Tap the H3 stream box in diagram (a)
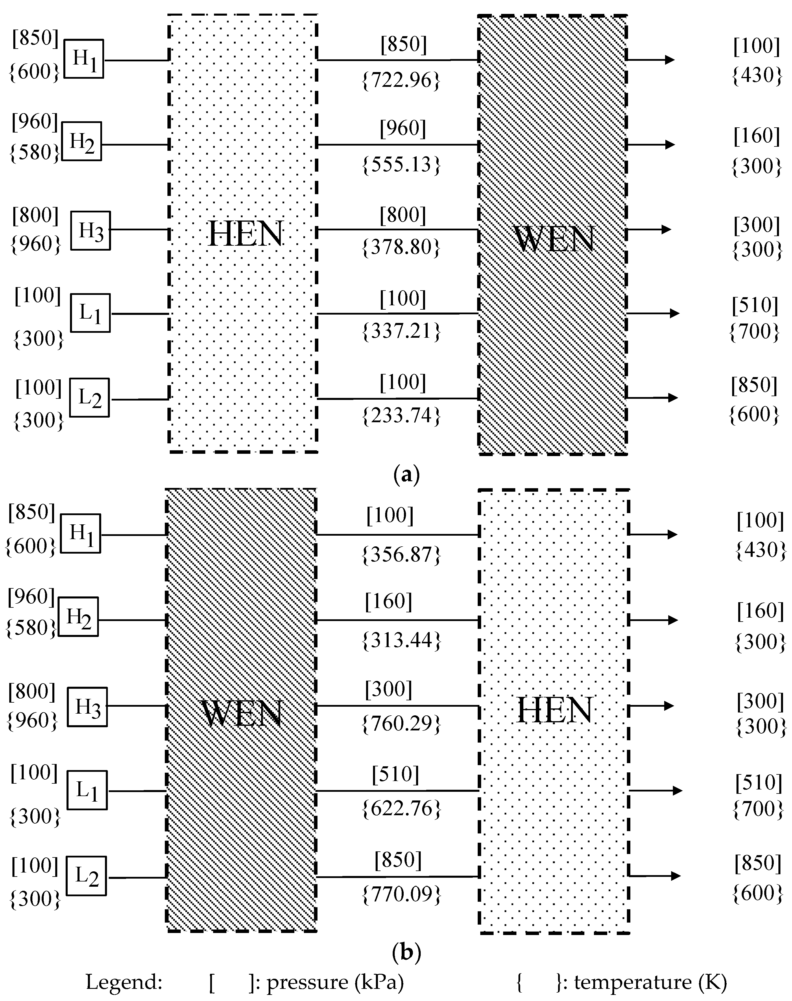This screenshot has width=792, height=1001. pos(91,231)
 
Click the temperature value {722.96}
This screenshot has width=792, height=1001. pos(401,80)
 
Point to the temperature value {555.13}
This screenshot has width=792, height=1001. pos(401,164)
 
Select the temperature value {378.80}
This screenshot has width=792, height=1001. pos(401,247)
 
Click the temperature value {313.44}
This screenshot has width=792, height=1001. pos(401,640)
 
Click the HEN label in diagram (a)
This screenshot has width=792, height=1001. pos(246,234)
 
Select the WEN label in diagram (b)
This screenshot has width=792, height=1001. pos(242,714)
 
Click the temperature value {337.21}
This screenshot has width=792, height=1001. pos(401,331)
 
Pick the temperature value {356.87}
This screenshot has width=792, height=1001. pos(401,554)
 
